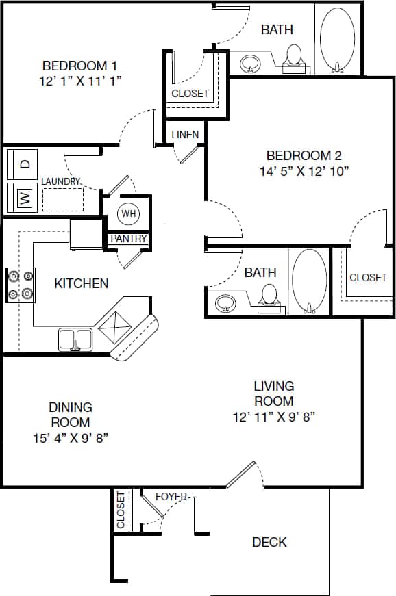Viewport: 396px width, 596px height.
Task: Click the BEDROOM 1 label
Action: pos(79,66)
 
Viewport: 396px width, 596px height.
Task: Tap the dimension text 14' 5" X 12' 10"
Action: pos(304,171)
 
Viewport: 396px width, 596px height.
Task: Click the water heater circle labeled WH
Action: pos(129,213)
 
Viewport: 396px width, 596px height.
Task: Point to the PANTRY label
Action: pos(128,239)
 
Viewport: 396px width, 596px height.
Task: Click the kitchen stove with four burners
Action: pos(21,285)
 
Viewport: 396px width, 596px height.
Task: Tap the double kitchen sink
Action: pos(75,338)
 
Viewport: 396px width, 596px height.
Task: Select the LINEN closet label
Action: pos(185,134)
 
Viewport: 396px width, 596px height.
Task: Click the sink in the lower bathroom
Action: pos(225,302)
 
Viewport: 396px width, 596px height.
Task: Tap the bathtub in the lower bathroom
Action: pos(310,281)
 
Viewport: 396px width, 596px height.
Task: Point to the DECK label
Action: pos(269,542)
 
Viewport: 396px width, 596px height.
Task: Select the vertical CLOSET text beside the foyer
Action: pos(121,510)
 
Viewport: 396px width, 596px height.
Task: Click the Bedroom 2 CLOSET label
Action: pos(368,277)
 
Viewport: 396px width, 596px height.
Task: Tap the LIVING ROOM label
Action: pos(274,393)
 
